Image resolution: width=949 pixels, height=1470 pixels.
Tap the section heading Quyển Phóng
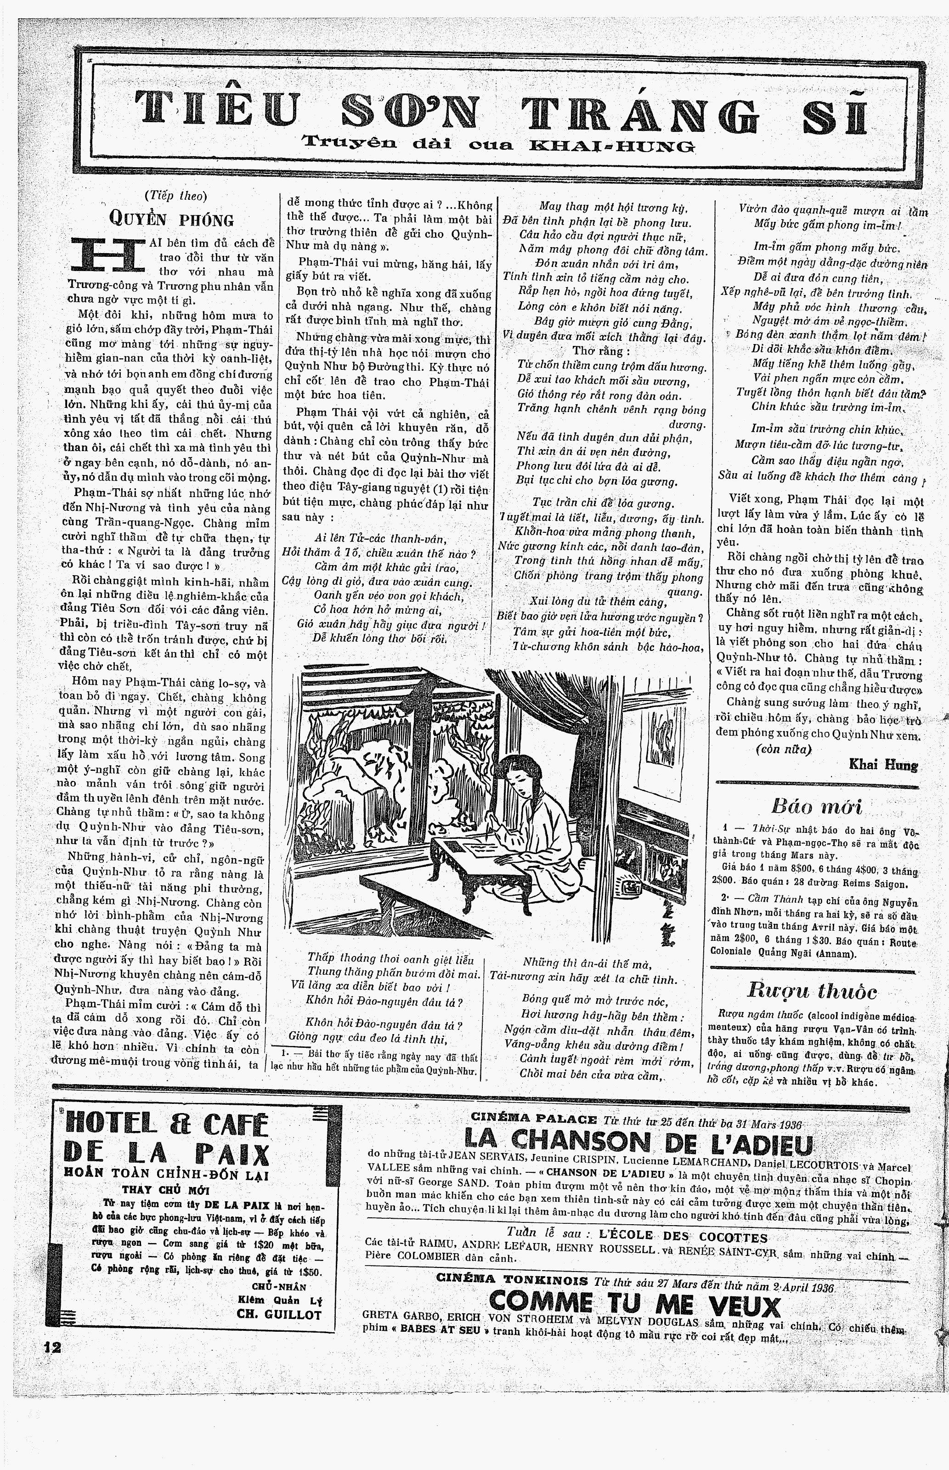point(171,218)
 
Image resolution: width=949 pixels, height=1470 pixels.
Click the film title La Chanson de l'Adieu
point(638,1143)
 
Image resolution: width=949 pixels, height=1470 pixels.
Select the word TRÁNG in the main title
point(640,113)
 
